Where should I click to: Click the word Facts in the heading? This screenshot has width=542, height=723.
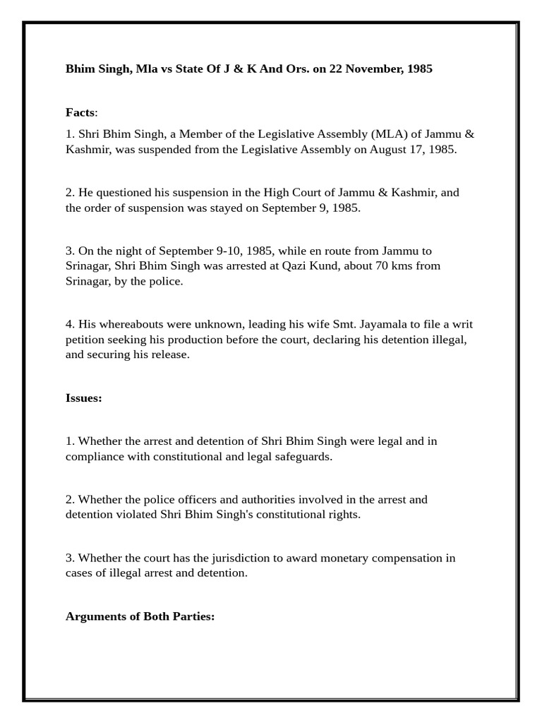[x=80, y=112]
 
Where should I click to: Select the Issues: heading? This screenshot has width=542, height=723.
[x=83, y=398]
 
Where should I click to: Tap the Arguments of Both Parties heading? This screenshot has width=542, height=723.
[x=140, y=616]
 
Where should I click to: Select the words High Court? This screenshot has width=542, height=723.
[x=291, y=192]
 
